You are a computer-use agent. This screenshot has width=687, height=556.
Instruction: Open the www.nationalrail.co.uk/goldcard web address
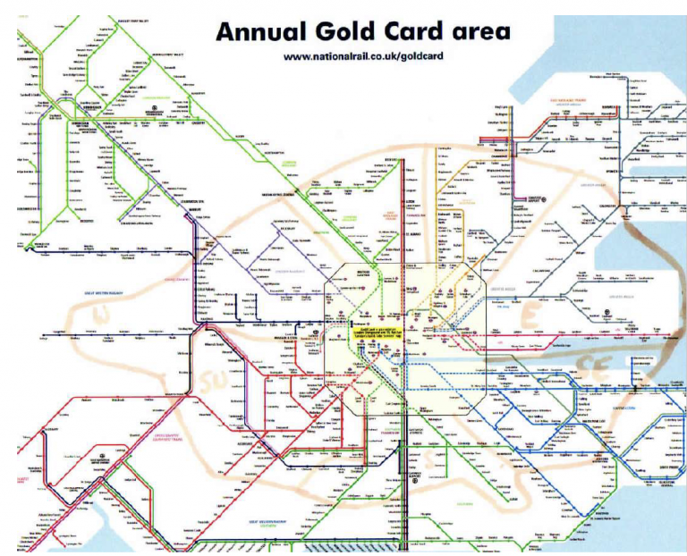click(x=363, y=56)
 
